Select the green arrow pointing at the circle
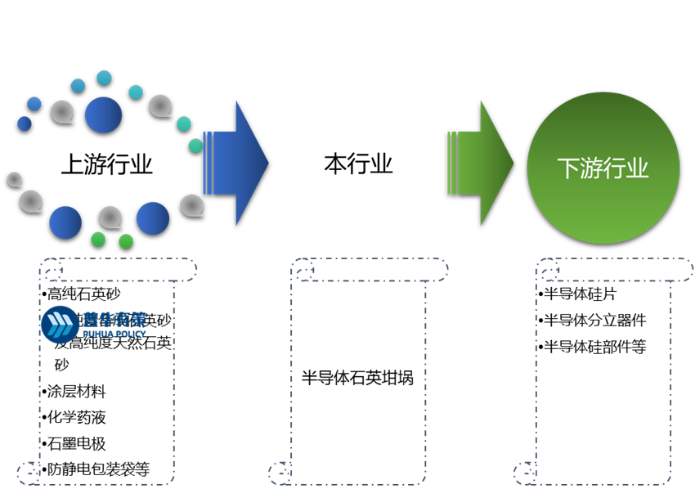(x=486, y=163)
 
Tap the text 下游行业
(x=603, y=168)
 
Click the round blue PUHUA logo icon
(x=60, y=325)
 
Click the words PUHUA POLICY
(x=114, y=334)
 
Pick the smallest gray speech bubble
(x=14, y=178)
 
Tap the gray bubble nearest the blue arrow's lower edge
(x=191, y=204)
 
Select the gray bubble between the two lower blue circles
(x=110, y=217)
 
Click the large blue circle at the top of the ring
(x=103, y=114)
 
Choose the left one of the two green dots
(x=98, y=240)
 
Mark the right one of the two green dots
(x=126, y=241)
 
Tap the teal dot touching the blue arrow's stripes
(x=195, y=146)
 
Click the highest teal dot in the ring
(x=104, y=78)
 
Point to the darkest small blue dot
(x=25, y=123)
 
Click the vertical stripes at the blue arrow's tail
(x=208, y=163)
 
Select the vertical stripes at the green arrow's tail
(x=452, y=163)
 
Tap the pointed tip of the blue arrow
(x=267, y=163)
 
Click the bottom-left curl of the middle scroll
(x=279, y=472)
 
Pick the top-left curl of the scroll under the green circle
(x=547, y=270)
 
